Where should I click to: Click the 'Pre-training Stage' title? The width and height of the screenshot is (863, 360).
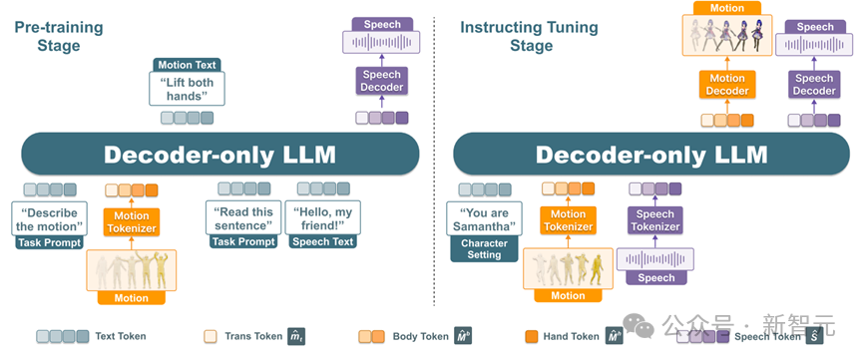tap(58, 36)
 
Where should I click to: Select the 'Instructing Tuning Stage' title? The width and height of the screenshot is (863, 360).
tap(529, 36)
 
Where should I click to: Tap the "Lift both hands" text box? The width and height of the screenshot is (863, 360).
tap(188, 89)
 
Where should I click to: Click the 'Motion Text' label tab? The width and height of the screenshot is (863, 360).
tap(188, 65)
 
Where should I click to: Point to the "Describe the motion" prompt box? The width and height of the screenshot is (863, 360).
tap(50, 219)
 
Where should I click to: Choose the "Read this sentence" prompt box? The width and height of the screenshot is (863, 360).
tap(243, 218)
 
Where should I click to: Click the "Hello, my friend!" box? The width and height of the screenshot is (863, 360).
tap(322, 218)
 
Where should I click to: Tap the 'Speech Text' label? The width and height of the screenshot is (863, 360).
tap(322, 241)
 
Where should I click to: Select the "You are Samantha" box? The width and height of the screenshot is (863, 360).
tap(484, 219)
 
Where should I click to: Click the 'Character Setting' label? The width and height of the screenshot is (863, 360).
tap(484, 248)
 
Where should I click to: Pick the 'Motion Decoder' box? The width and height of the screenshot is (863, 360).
tap(727, 84)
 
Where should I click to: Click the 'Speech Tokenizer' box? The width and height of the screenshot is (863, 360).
tap(654, 220)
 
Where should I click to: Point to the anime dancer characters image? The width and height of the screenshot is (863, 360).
tap(727, 35)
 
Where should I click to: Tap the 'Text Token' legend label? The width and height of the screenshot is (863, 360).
tap(121, 336)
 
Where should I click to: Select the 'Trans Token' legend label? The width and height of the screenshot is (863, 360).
tap(253, 336)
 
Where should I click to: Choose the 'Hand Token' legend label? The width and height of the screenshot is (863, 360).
tap(571, 336)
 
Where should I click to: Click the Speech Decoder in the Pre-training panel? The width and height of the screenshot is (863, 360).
tap(382, 81)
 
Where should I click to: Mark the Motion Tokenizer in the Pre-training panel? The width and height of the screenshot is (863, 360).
tap(132, 221)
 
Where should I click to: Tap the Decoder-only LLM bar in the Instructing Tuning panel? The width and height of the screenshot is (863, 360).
tap(651, 155)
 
